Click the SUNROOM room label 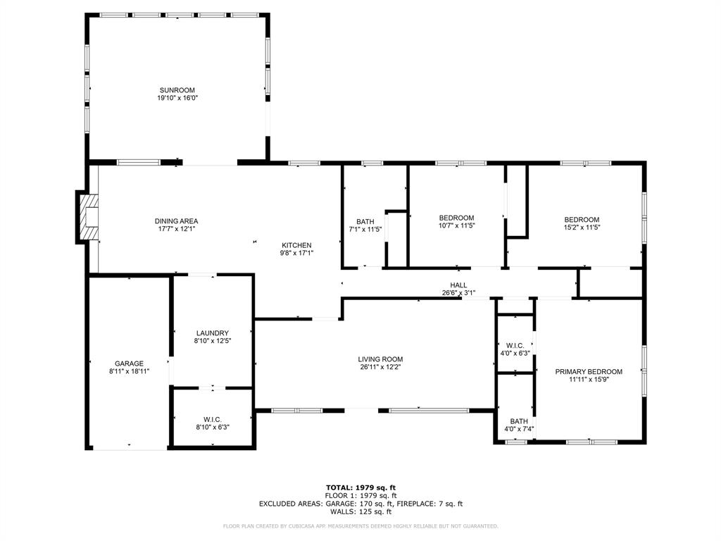177,90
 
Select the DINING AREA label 176,221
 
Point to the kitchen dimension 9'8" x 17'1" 296,254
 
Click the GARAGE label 129,363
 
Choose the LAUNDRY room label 212,333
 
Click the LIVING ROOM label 380,359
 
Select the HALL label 458,285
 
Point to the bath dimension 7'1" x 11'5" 365,230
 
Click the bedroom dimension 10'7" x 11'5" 456,226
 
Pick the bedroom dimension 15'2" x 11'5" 582,228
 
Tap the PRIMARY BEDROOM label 589,372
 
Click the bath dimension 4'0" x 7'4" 514,428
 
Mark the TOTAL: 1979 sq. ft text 360,487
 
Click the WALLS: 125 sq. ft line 360,511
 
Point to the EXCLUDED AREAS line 360,504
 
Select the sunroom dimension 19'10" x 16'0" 177,99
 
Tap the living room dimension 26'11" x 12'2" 380,368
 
